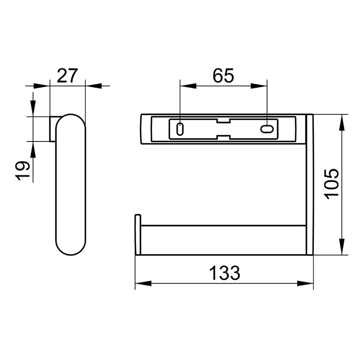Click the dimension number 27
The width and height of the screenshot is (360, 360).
(67, 75)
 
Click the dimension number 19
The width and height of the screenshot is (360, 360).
(23, 171)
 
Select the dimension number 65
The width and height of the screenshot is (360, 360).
(223, 75)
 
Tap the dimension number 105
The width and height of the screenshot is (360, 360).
(331, 184)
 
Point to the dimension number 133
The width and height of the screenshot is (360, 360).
(224, 273)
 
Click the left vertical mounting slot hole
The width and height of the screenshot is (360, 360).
(180, 129)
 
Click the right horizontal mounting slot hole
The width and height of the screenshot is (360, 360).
(267, 129)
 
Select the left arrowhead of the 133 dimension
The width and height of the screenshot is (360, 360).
(143, 283)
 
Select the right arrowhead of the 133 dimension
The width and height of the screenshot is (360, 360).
(305, 283)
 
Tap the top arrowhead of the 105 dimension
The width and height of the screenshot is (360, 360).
(342, 122)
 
